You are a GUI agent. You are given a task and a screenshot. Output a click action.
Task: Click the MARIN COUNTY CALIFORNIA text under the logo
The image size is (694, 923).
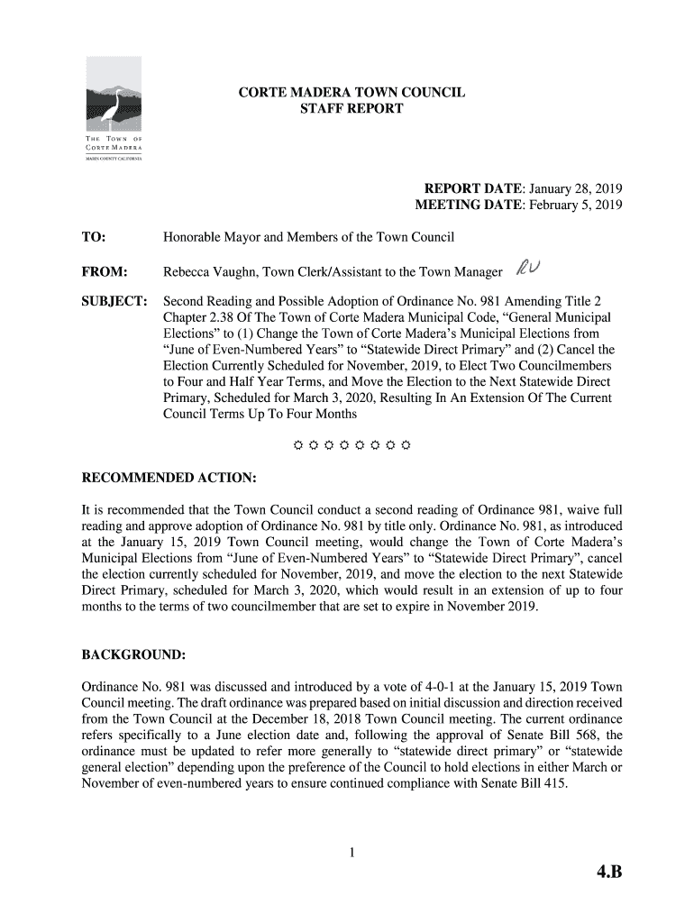tap(114, 160)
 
